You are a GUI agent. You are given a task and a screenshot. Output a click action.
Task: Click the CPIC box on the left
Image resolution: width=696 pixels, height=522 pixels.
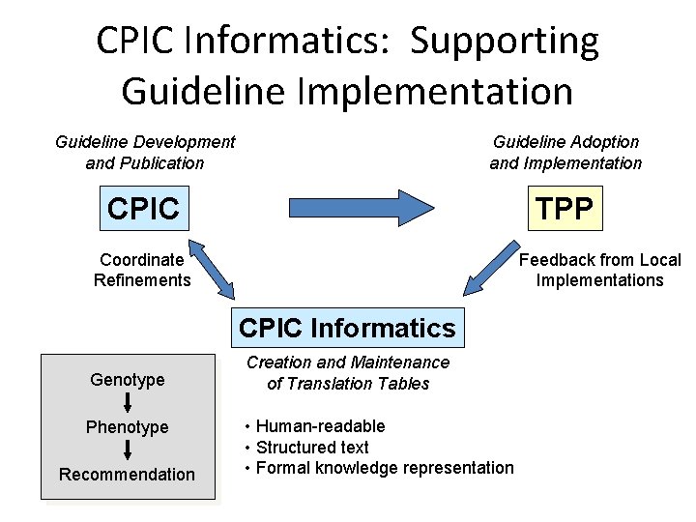tap(144, 208)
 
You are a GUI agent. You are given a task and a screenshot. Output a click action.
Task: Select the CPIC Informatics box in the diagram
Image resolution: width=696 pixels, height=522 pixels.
tap(346, 328)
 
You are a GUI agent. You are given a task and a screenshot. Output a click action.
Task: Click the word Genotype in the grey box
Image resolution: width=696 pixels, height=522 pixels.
tap(128, 380)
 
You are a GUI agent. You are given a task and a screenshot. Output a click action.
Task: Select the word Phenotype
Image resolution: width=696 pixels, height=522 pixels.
tap(128, 427)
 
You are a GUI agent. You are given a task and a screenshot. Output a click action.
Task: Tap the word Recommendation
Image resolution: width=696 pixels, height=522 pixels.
tap(128, 475)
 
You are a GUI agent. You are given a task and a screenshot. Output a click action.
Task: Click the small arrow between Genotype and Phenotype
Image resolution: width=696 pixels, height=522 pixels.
tap(128, 403)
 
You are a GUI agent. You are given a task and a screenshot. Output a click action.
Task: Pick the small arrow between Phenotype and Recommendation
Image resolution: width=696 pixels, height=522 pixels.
tap(128, 450)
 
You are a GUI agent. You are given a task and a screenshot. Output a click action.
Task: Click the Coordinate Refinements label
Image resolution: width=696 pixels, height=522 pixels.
tap(142, 270)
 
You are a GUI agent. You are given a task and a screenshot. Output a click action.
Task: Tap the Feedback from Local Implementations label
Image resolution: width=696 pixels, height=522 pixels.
tap(599, 270)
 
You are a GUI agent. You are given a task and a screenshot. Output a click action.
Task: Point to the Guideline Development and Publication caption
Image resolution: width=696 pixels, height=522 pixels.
tap(145, 153)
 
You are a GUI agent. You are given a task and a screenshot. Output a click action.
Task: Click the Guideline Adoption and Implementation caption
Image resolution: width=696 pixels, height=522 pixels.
tap(565, 153)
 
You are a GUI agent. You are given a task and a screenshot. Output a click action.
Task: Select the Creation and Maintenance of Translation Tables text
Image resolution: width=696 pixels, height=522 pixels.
tap(348, 373)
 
